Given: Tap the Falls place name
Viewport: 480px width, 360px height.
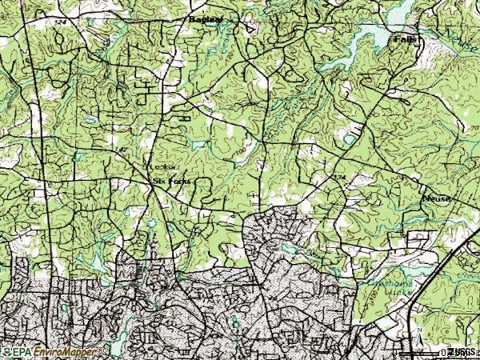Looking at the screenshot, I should (405, 38).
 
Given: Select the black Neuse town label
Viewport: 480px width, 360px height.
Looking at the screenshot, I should (437, 198).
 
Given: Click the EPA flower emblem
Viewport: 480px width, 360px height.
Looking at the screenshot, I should (6, 352).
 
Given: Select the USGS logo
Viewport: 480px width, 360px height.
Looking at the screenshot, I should (462, 352).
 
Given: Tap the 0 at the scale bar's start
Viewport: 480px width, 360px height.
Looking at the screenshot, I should (442, 352).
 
